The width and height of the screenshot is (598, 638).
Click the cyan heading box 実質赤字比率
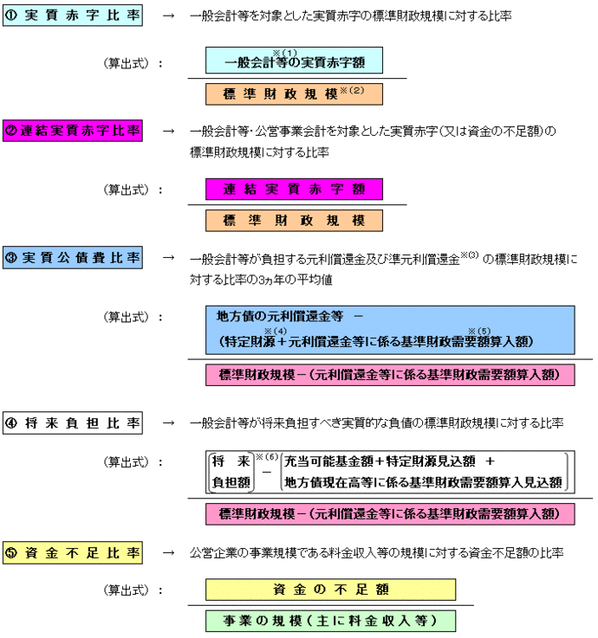tap(75, 15)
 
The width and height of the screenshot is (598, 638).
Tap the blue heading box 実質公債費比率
tap(75, 257)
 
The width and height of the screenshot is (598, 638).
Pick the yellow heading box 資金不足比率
tap(75, 551)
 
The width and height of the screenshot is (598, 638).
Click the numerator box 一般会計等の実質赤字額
tap(294, 61)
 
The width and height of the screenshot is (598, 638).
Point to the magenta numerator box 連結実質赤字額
tap(294, 189)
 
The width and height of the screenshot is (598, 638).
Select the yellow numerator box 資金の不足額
tap(330, 589)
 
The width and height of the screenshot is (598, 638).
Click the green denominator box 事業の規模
tap(330, 621)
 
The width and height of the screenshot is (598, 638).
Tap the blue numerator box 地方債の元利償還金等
tap(389, 330)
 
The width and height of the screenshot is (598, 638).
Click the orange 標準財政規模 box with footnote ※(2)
tap(294, 92)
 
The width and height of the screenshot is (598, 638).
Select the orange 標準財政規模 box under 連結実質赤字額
tap(294, 221)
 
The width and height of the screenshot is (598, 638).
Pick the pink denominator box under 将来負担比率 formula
tap(389, 513)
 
